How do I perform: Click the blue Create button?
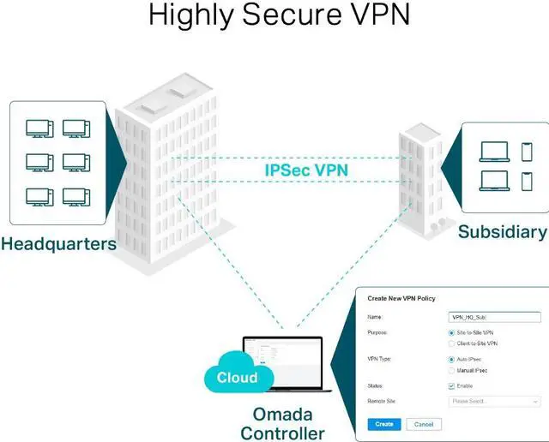tap(383, 424)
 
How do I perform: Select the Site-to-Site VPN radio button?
tap(452, 332)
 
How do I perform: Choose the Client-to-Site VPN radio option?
tap(452, 343)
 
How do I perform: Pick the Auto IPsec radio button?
tap(452, 360)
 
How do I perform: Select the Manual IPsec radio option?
tap(452, 371)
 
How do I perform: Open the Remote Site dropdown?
tap(494, 401)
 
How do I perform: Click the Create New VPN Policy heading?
tap(401, 298)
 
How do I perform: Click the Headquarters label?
tap(58, 244)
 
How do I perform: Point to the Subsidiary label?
tap(502, 232)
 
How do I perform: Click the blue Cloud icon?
tap(237, 376)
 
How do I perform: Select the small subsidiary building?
tap(421, 180)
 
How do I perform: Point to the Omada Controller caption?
tap(284, 422)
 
